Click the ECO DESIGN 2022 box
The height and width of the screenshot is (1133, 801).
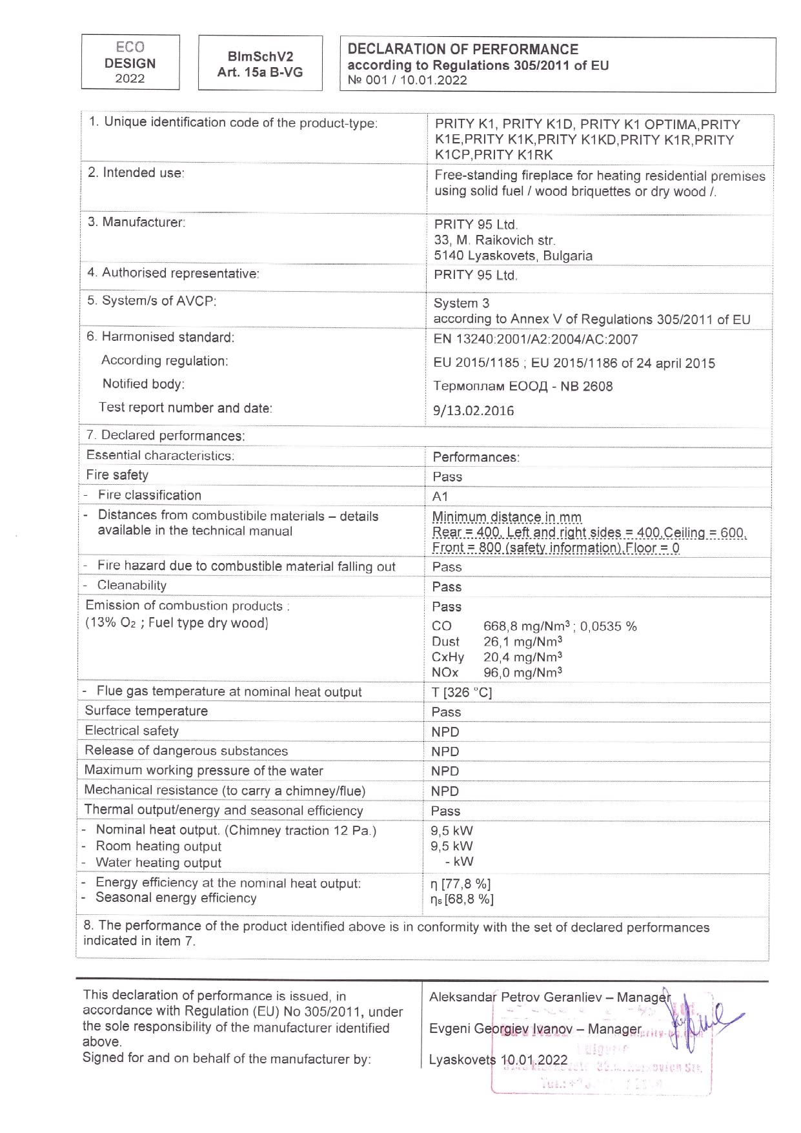coord(130,63)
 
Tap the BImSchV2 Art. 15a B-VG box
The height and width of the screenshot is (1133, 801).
coord(260,64)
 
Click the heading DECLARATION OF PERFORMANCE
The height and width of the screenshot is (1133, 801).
coord(463,49)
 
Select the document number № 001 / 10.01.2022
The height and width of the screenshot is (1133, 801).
coord(407,80)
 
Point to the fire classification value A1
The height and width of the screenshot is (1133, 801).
coord(440,496)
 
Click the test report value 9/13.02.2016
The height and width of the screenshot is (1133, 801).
coord(474,411)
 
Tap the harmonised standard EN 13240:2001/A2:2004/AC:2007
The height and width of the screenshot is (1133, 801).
coord(536,340)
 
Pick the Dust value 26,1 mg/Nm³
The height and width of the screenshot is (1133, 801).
coord(523,642)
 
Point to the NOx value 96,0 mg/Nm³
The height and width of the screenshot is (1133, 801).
coord(523,673)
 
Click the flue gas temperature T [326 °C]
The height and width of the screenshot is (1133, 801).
coord(461,693)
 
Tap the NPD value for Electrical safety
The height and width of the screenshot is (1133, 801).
coord(445,732)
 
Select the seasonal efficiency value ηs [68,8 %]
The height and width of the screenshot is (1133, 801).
coord(462,899)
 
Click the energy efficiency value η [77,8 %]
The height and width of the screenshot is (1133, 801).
coord(461,884)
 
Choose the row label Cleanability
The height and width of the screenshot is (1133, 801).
coord(132,586)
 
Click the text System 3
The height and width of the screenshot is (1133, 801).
coord(461,303)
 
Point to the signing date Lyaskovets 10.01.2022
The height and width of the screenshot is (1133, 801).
coord(498,1060)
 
